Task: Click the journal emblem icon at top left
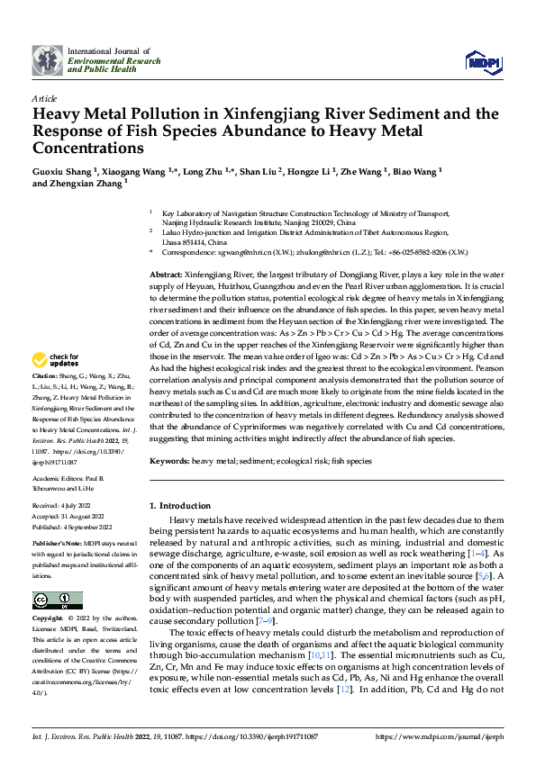(x=47, y=59)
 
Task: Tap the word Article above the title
(x=44, y=98)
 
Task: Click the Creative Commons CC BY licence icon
(x=57, y=600)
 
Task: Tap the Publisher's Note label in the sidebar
(x=56, y=546)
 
